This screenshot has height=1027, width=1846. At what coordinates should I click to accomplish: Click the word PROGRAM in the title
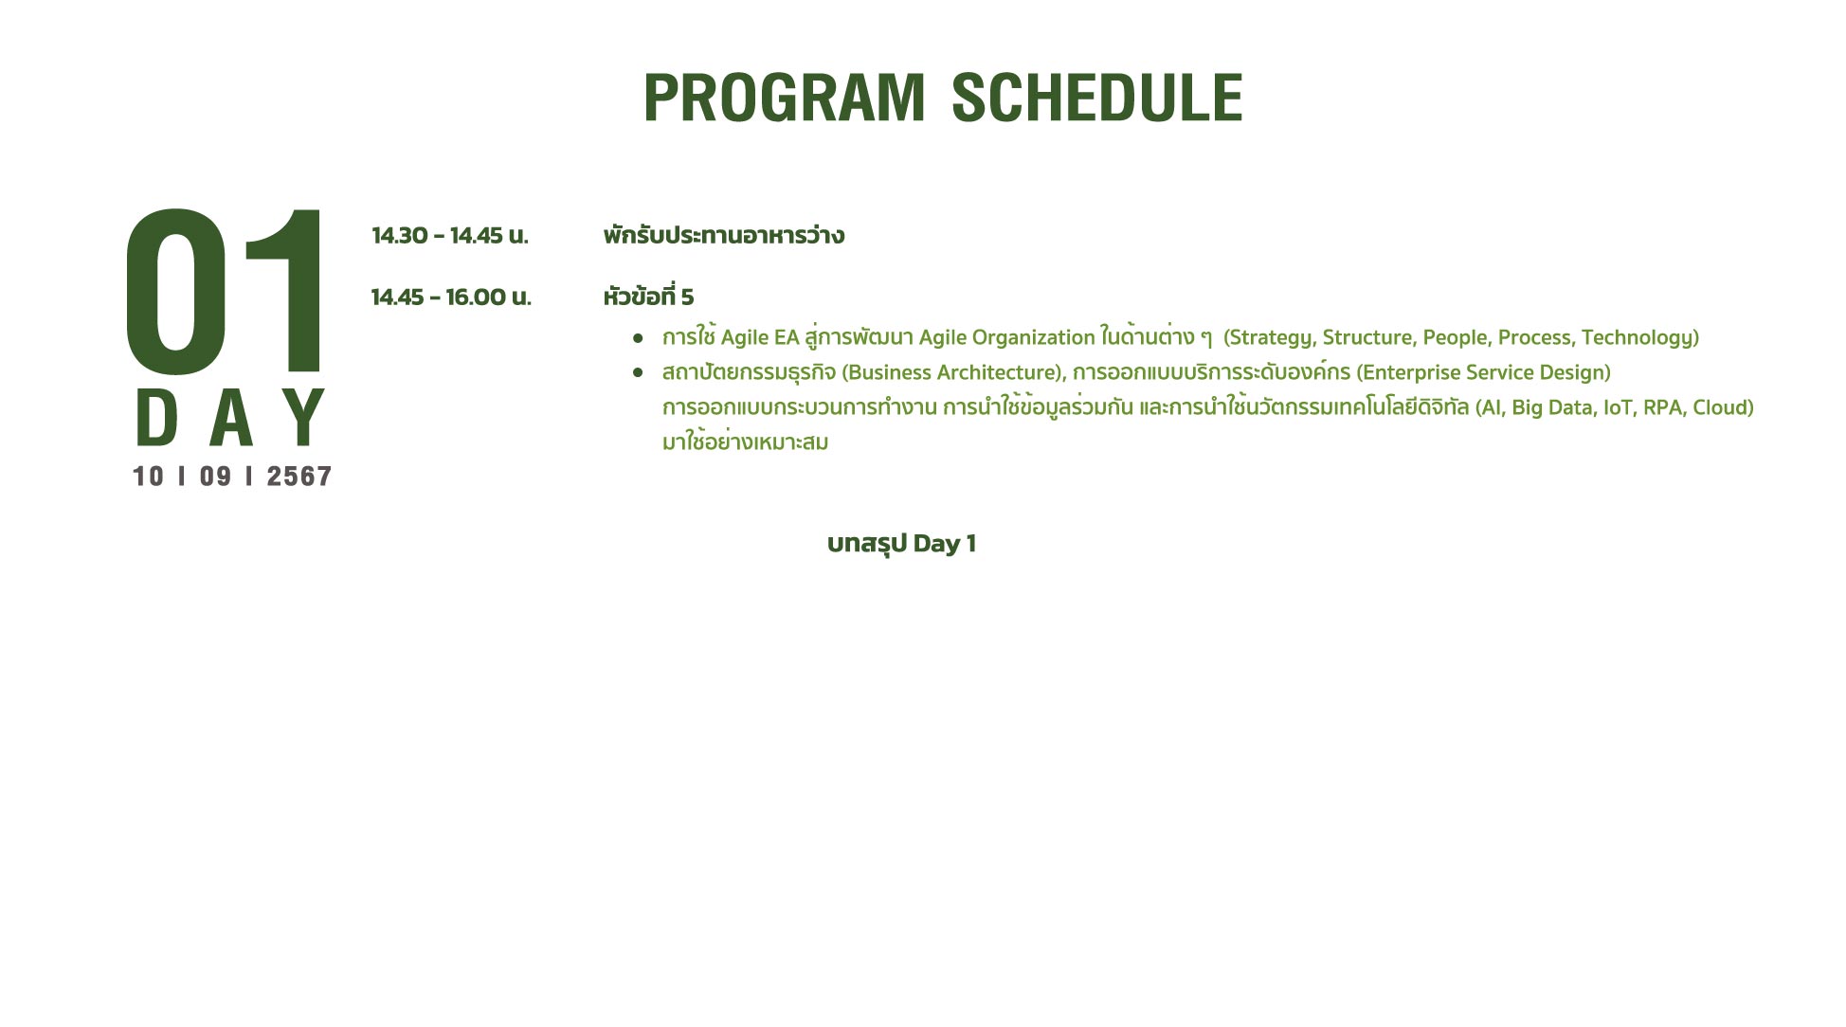[784, 98]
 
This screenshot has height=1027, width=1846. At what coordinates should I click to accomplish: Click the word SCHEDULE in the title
[1096, 98]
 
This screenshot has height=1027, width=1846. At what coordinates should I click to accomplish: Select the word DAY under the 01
[231, 417]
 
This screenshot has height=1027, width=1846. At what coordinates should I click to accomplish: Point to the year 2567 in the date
[299, 476]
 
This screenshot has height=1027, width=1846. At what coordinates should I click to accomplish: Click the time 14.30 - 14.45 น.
[450, 235]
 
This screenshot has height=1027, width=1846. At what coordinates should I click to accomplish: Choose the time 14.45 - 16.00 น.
[451, 297]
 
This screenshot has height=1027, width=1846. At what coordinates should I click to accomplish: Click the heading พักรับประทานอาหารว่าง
[724, 234]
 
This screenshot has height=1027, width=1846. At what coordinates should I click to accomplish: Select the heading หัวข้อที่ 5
[648, 296]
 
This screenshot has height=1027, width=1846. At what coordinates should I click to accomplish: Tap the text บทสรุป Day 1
[901, 544]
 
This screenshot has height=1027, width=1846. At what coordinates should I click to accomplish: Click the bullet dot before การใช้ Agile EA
[638, 338]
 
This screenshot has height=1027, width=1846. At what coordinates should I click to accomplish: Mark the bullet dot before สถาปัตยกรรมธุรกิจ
[638, 373]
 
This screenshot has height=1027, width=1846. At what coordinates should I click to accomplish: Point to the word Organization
[1035, 338]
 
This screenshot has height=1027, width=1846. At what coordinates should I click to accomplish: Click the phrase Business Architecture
[952, 372]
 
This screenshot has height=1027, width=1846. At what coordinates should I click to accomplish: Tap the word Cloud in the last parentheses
[1720, 407]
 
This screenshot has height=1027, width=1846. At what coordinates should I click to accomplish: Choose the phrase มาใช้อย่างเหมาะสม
[745, 441]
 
